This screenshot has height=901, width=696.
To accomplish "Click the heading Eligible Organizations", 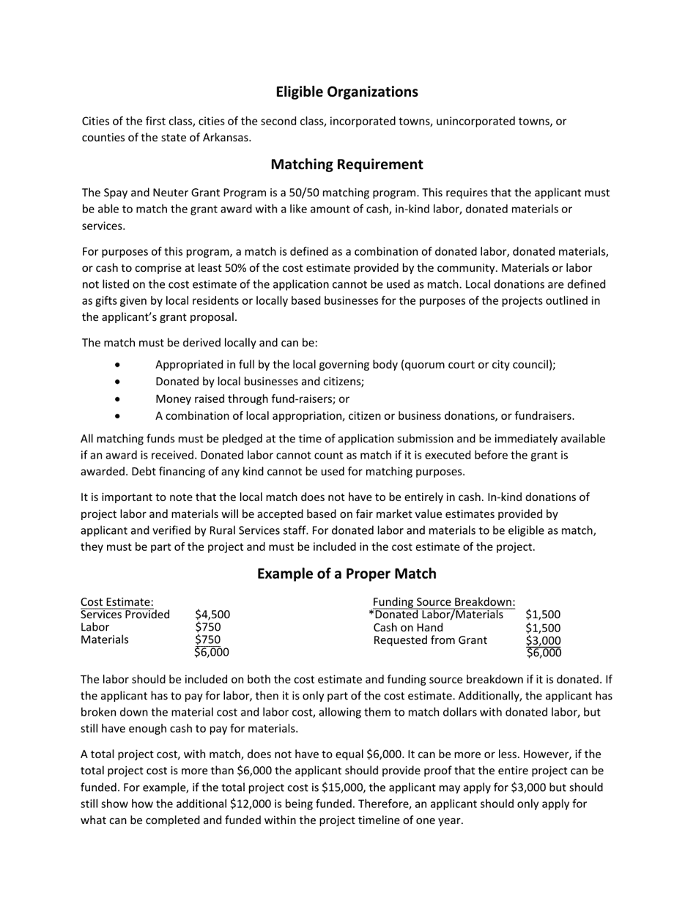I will pyautogui.click(x=347, y=92).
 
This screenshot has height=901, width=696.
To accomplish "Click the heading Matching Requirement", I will pyautogui.click(x=347, y=164).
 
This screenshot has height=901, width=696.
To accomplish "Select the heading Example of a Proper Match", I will pyautogui.click(x=347, y=574).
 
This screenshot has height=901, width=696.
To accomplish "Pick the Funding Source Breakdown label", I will pyautogui.click(x=444, y=602).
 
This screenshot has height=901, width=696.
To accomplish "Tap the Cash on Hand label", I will pyautogui.click(x=408, y=628).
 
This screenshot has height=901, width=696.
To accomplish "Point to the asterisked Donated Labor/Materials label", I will pyautogui.click(x=436, y=615).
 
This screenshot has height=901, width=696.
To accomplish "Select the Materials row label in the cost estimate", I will pyautogui.click(x=104, y=639).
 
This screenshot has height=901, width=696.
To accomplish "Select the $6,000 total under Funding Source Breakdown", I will pyautogui.click(x=543, y=653).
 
